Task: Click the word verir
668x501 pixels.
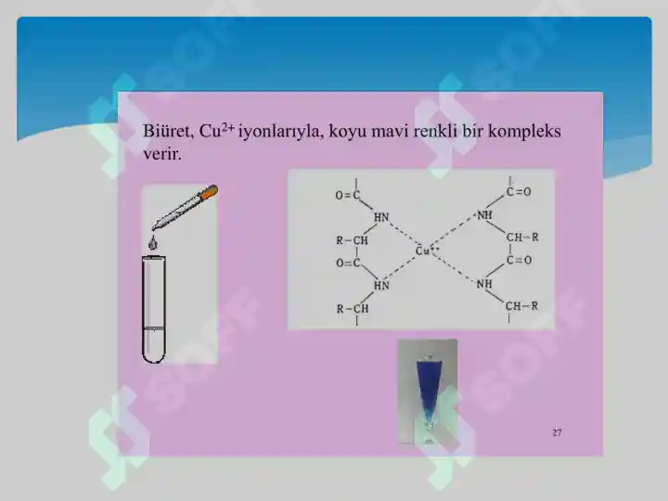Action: coord(162,153)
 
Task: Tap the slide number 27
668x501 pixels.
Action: coord(557,432)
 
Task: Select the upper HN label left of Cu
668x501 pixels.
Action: coord(381,217)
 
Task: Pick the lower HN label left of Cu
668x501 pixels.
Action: coord(381,285)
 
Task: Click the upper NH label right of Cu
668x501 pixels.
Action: coord(484,215)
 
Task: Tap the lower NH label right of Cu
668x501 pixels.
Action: coord(484,284)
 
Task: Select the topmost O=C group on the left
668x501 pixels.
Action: coord(349,195)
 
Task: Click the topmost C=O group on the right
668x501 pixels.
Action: coord(518,192)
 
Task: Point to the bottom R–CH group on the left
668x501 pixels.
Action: coord(352,309)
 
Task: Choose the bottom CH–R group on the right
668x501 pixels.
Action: coord(521,305)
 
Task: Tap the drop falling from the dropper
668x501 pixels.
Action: coord(152,243)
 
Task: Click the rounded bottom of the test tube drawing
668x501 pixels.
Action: coord(152,353)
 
